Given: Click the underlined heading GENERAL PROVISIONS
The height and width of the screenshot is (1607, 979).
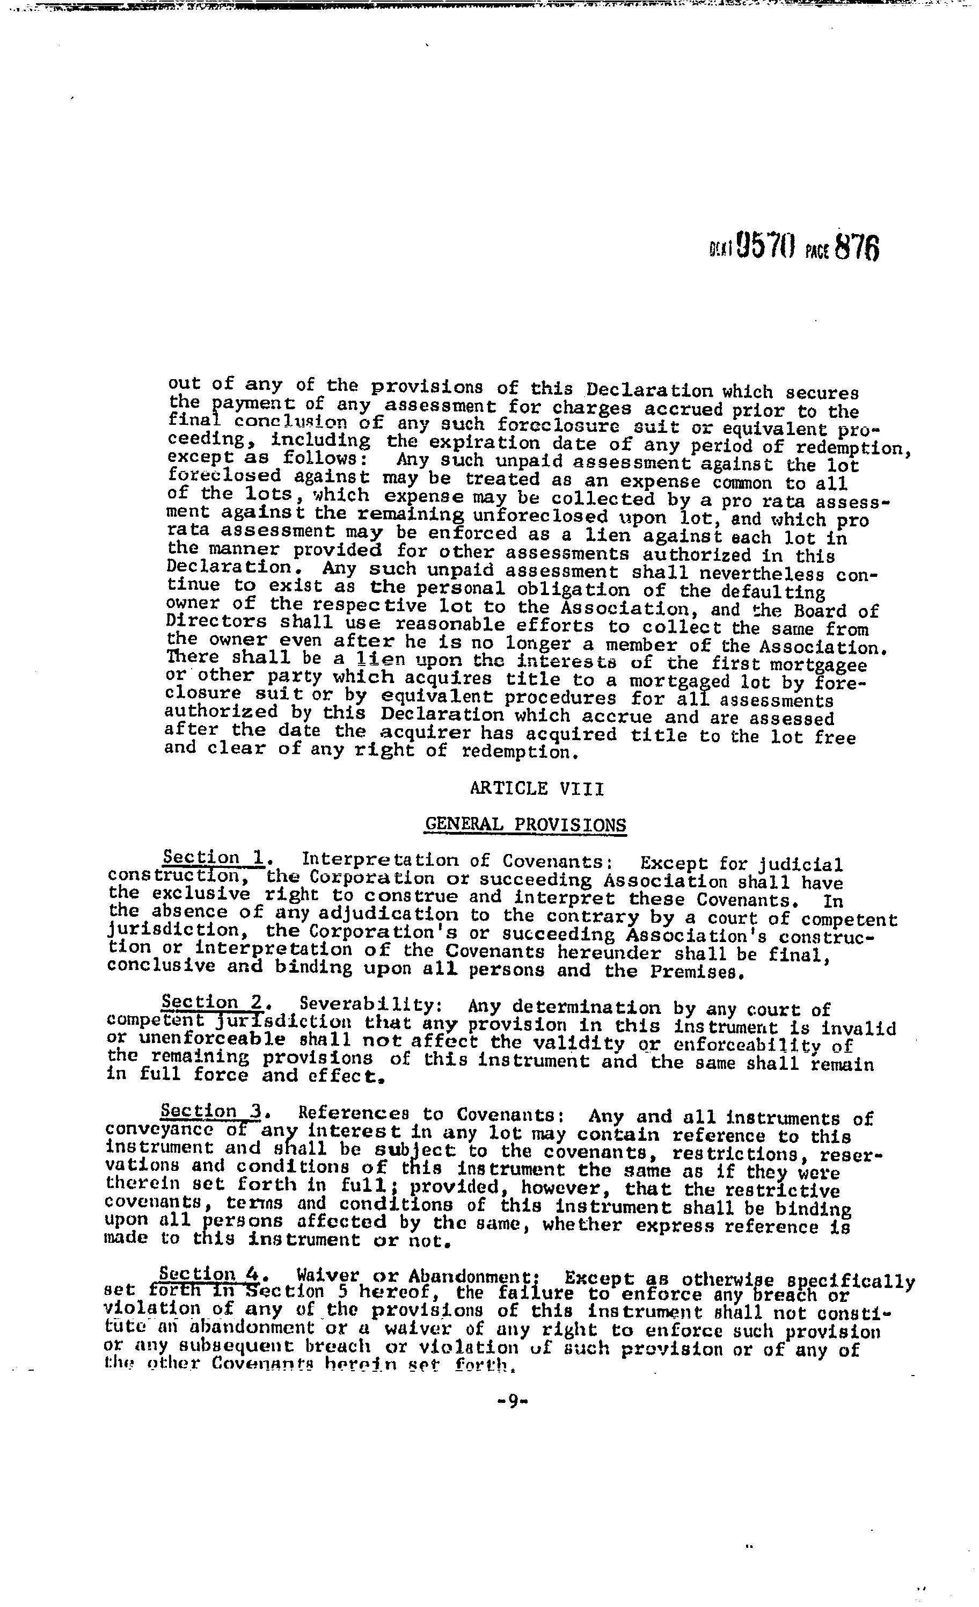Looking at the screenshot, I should pyautogui.click(x=525, y=824).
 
